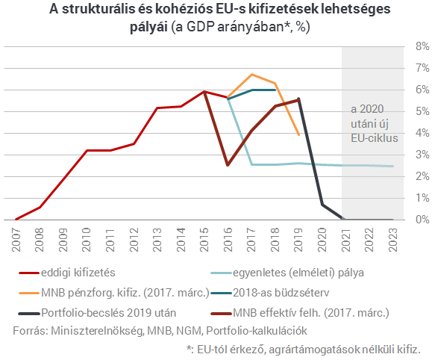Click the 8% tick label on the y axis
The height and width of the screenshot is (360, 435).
pos(422,46)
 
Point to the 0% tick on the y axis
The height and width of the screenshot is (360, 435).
pos(422,220)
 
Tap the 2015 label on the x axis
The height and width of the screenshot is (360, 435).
pos(204,240)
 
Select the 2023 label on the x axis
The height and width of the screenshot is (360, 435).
pos(393,240)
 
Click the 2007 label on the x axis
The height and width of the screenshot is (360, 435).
pos(16,240)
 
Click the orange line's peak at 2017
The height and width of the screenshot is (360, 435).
pos(251,74)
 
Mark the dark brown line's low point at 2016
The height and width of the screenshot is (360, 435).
pos(228,165)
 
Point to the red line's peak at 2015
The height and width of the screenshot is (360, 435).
pos(204,91)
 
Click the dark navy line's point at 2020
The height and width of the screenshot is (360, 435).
pos(322,205)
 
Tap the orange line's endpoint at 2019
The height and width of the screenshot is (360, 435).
pos(298,135)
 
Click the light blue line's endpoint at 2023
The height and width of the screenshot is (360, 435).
pos(392,166)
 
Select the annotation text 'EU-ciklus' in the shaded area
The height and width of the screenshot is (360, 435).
pos(375,138)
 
